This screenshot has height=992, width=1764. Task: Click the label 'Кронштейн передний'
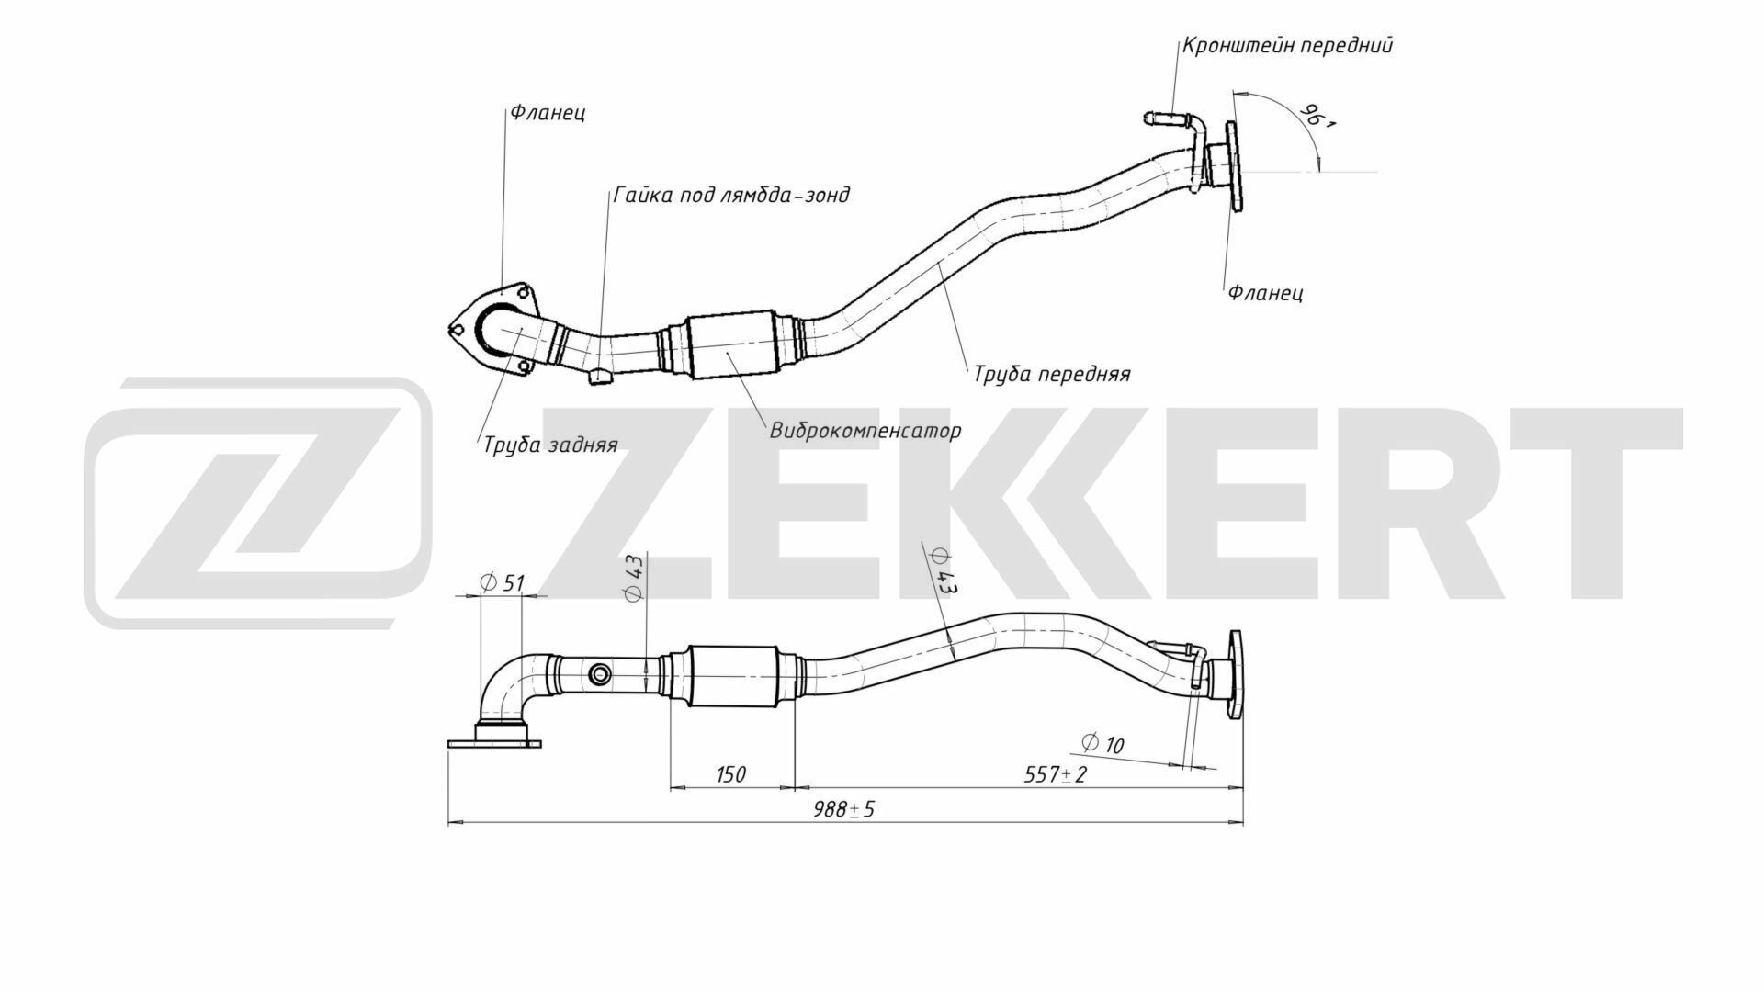pos(1287,45)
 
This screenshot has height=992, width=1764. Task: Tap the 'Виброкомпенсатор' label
pos(865,430)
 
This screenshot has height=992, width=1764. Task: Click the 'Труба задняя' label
pos(550,445)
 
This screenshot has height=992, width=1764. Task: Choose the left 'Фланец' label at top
pos(548,113)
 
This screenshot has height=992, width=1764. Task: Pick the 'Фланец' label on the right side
pos(1265,293)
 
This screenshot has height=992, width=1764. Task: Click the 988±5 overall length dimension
pos(844,809)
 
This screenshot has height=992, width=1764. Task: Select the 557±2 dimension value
pos(1056,774)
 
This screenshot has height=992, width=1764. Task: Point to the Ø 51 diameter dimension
pos(502,582)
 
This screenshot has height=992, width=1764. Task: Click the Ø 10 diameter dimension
pos(1102,743)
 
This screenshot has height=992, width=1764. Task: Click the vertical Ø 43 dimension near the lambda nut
pos(634,579)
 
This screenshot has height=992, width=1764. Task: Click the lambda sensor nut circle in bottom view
pos(600,676)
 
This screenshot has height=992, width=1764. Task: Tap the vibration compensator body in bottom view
pos(732,676)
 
